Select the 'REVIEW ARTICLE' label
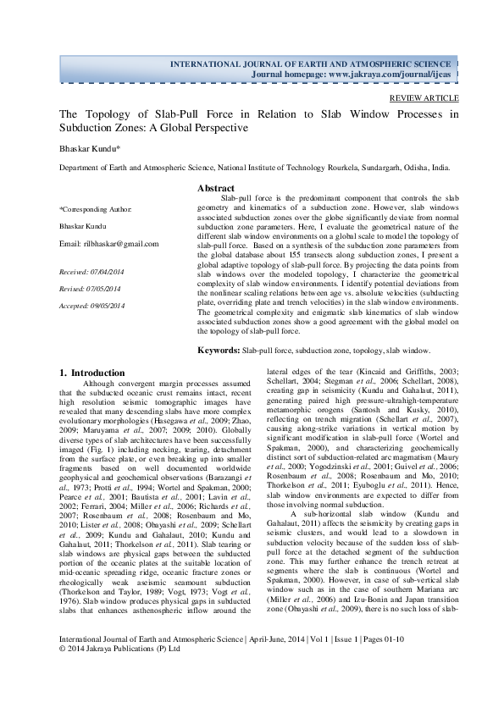(x=423, y=98)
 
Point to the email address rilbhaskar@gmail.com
(x=109, y=244)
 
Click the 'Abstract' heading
(x=216, y=187)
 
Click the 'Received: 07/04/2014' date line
(x=91, y=272)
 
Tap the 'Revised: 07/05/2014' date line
(x=90, y=289)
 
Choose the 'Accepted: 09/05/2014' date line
(x=92, y=305)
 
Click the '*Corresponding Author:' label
(x=96, y=208)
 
